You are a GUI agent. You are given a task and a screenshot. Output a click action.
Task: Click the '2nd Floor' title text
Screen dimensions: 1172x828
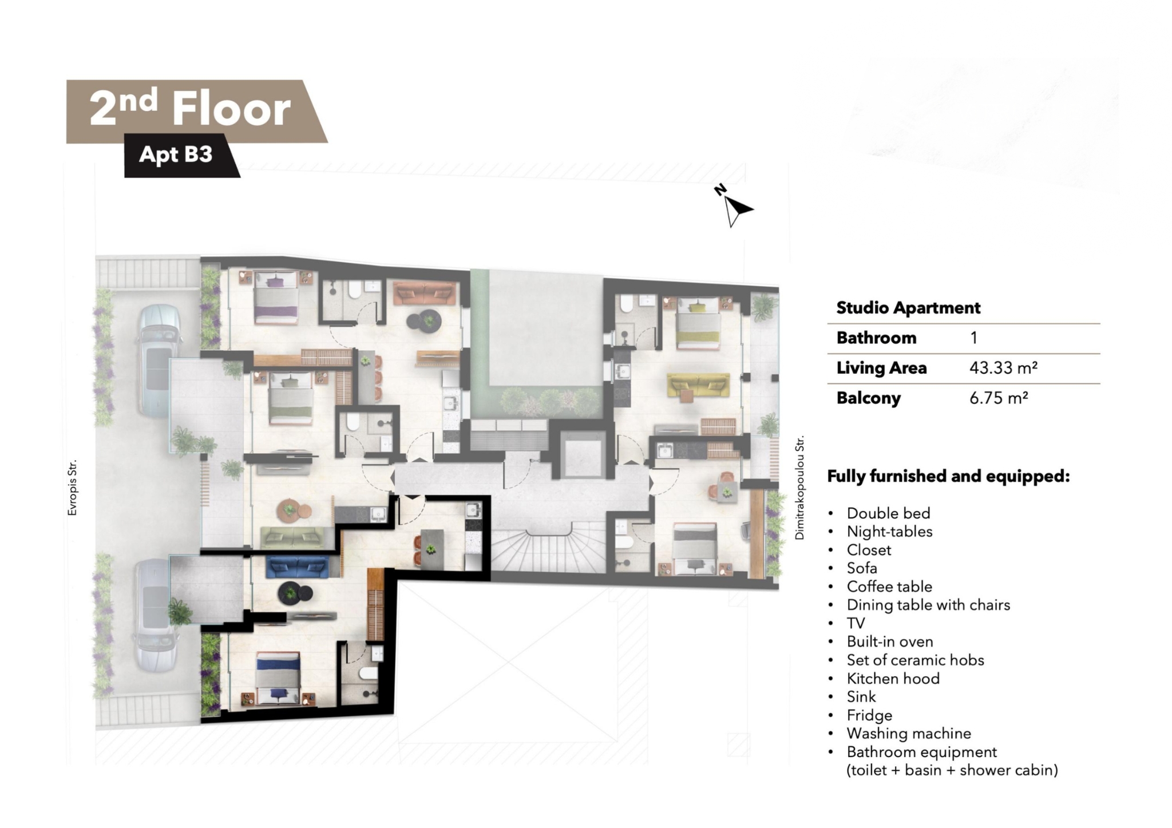tap(190, 108)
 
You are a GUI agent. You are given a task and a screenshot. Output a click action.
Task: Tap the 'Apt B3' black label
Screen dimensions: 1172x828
tap(176, 154)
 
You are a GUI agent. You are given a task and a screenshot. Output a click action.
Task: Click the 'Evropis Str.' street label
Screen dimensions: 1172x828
tap(72, 488)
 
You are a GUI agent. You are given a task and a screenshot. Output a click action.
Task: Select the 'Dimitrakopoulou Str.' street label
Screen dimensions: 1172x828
tap(799, 487)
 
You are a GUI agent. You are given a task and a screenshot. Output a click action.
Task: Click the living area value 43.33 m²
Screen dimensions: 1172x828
tap(1004, 367)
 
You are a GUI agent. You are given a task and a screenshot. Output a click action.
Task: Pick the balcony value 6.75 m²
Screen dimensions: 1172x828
tap(999, 397)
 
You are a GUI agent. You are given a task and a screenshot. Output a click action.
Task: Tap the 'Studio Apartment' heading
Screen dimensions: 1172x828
tap(908, 308)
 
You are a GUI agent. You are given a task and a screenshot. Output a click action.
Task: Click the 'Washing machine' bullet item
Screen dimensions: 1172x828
tap(909, 733)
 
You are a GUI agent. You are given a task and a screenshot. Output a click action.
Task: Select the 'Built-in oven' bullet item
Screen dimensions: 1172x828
tap(890, 641)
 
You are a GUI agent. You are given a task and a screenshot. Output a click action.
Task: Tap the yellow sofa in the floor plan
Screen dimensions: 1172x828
tap(699, 386)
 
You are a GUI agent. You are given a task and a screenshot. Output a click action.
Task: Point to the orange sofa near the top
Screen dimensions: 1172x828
tap(425, 294)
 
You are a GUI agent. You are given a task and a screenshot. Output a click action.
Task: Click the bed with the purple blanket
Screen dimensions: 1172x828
tap(276, 296)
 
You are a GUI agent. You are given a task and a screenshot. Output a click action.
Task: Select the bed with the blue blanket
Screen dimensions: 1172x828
tap(278, 679)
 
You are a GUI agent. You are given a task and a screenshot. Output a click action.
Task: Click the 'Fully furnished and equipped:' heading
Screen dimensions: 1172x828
tap(948, 476)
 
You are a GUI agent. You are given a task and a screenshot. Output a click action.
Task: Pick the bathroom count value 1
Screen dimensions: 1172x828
tap(973, 338)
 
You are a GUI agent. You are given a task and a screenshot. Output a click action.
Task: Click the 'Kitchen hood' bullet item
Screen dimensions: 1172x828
tap(893, 678)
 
